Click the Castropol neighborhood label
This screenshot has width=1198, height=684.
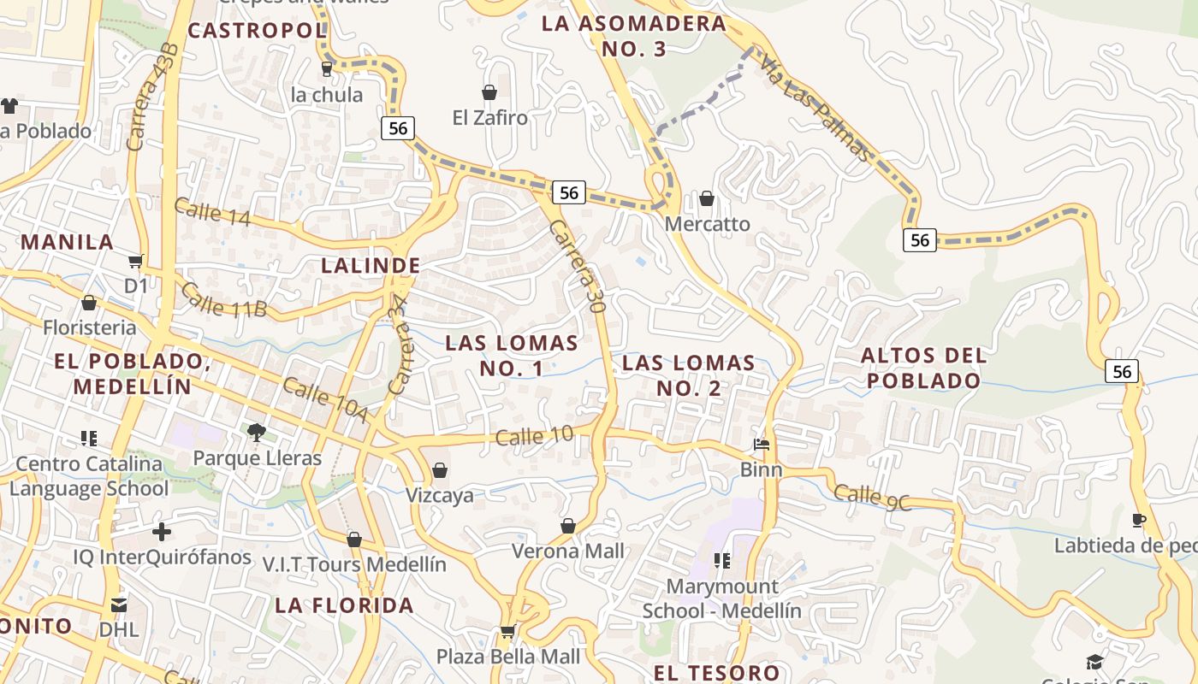(x=257, y=31)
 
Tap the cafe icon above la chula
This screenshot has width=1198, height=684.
(x=326, y=68)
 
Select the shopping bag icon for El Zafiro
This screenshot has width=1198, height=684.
(x=489, y=92)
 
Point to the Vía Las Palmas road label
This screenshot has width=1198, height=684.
(x=815, y=108)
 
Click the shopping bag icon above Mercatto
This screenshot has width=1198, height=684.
(x=707, y=199)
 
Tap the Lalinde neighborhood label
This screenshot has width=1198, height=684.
(x=371, y=266)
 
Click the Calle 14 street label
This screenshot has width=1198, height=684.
(x=211, y=212)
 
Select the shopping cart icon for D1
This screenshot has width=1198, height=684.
(x=135, y=261)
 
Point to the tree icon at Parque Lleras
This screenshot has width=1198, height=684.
(x=256, y=433)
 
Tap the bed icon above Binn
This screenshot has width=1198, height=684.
(x=762, y=445)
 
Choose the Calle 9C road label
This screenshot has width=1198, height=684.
(x=872, y=497)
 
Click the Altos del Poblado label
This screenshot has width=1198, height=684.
(x=923, y=368)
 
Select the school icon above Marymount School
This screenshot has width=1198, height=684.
(x=722, y=561)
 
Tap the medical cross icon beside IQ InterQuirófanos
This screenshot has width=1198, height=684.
(x=162, y=532)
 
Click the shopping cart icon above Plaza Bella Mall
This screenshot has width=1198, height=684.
(x=507, y=632)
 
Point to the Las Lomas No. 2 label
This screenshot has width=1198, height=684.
(x=689, y=375)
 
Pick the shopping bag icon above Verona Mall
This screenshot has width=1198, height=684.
(x=568, y=526)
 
